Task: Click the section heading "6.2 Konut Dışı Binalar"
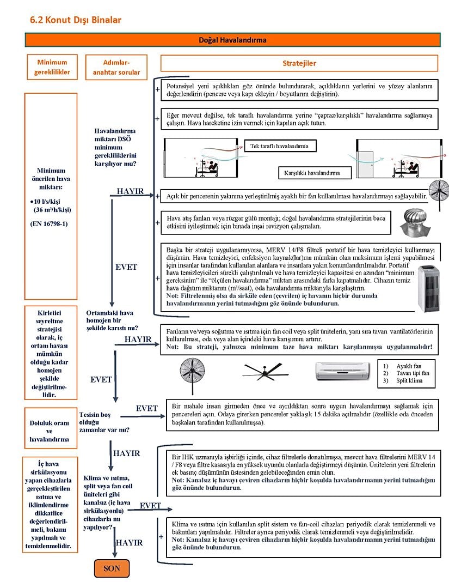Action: [x=76, y=20]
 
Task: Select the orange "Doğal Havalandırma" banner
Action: [x=232, y=40]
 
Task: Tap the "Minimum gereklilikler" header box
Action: [x=52, y=67]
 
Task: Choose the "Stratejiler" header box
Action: [x=299, y=63]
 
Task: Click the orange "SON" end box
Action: [x=112, y=568]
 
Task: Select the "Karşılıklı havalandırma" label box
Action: [x=312, y=173]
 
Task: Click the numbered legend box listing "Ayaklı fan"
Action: [x=408, y=373]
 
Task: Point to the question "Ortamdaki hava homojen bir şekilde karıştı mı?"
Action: [x=112, y=320]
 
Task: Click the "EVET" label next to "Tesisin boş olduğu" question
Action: [x=147, y=408]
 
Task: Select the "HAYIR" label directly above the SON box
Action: [x=130, y=543]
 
